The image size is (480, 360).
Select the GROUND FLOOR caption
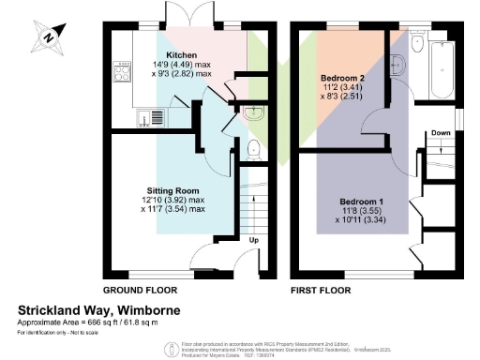[x=141, y=290]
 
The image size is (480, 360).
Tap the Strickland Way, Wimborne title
[x=99, y=309]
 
